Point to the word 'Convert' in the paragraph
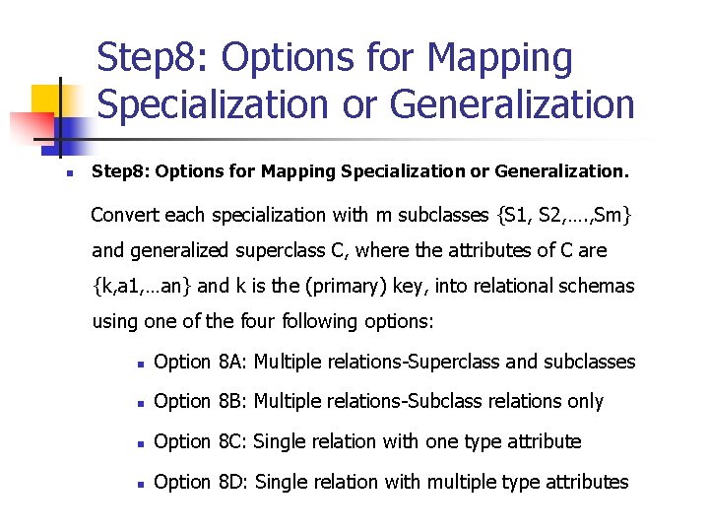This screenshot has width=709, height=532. click(124, 215)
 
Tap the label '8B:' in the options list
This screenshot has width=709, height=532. click(231, 401)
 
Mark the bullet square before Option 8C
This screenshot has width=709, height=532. click(142, 443)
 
